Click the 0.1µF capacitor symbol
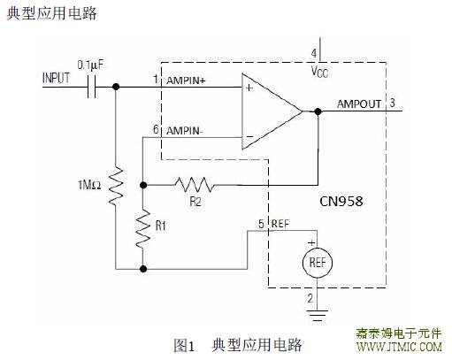pos(92,87)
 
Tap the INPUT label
pos(56,78)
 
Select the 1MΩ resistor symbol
pos(116,186)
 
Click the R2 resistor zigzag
pos(194,185)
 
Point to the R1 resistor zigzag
pos(143,228)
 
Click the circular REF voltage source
pos(318,263)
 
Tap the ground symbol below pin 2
pos(318,316)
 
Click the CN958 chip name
pos(341,202)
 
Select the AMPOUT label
pos(359,104)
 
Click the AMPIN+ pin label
pos(186,80)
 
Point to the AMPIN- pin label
pos(185,131)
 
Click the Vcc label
pos(319,72)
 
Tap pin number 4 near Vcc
pos(314,53)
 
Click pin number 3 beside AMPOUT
pos(392,103)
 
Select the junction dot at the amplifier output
pos(318,111)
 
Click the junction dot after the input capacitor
pos(116,87)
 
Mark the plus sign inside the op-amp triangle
pos(249,88)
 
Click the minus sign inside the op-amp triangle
pos(249,136)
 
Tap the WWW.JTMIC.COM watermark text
pos(399,347)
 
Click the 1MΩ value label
pos(89,185)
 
